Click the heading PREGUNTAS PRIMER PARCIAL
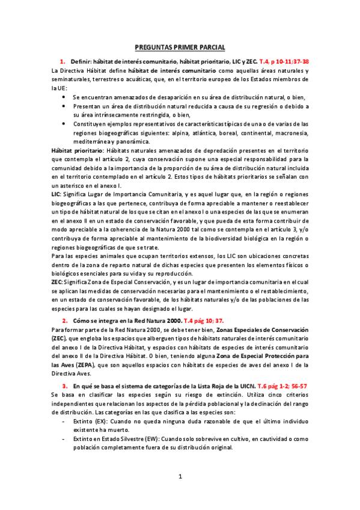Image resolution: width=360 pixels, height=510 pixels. pos(180,48)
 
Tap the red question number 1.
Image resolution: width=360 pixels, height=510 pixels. pos(62,62)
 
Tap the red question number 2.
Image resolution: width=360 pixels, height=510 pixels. pos(65,321)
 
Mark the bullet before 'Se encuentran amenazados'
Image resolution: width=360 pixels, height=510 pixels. pos(64,97)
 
